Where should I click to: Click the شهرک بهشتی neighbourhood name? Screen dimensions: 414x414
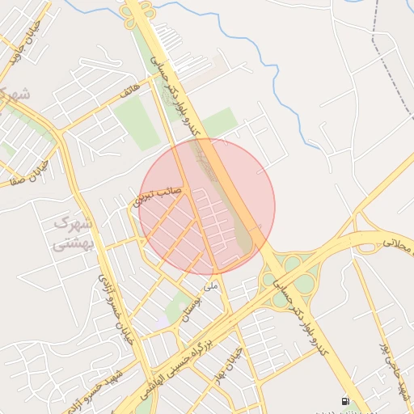[x=74, y=232]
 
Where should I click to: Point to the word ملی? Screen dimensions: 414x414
[x=212, y=285]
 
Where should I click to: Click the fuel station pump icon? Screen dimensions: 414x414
[x=345, y=402]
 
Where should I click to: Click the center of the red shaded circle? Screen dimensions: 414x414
[x=207, y=206]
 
